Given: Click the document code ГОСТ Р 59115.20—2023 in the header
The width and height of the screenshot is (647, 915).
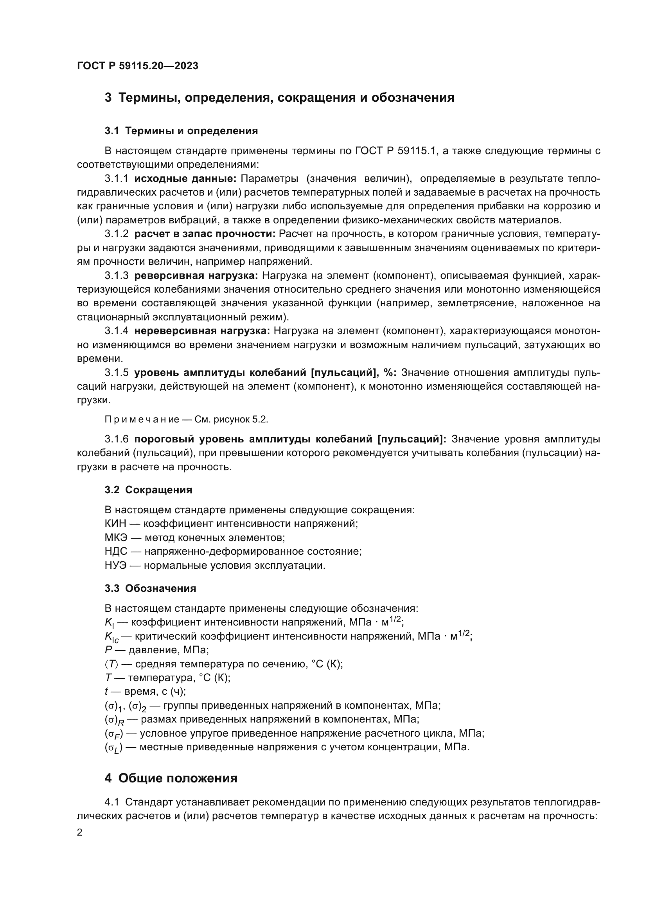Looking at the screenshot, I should click(x=137, y=66).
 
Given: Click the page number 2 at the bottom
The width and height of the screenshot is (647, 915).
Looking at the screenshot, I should click(x=80, y=832).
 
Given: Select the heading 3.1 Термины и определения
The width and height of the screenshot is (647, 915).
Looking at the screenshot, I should click(x=181, y=131).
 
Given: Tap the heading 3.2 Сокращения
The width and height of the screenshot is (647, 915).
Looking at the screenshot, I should click(x=148, y=490).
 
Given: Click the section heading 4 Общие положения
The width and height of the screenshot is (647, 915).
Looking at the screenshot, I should click(x=171, y=778).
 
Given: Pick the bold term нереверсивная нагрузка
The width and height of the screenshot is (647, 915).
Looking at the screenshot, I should click(x=202, y=331).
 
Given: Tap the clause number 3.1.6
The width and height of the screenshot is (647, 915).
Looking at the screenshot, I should click(x=116, y=439).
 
